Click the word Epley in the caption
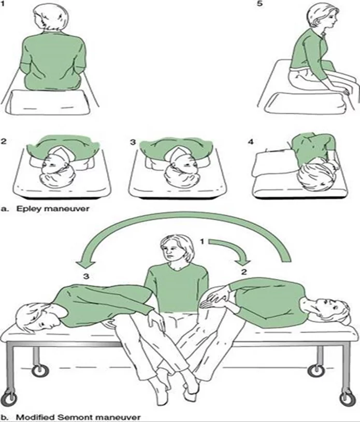(28, 208)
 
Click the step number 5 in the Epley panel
(260, 4)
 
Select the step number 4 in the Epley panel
(251, 142)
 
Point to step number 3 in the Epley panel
(133, 142)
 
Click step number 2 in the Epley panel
(4, 142)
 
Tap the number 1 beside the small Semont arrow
(203, 242)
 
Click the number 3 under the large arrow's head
(86, 276)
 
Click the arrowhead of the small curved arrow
(243, 261)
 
